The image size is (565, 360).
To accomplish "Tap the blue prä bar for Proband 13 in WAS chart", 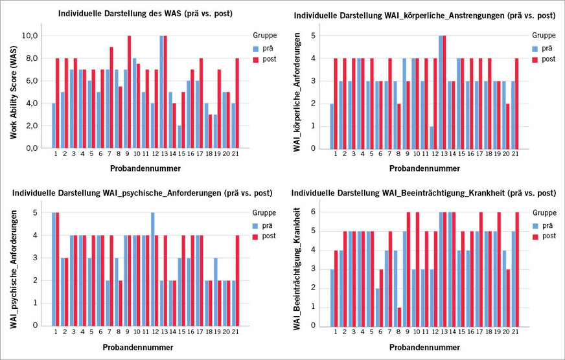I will [x=161, y=92].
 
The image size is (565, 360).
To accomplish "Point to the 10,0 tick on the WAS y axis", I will [x=30, y=36].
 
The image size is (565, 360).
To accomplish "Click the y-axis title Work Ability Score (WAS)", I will [x=12, y=92].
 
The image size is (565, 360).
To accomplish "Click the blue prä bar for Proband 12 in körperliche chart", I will [x=430, y=137].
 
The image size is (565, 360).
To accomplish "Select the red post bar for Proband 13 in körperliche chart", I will [x=444, y=92].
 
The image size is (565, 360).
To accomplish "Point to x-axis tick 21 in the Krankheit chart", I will [x=514, y=333].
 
